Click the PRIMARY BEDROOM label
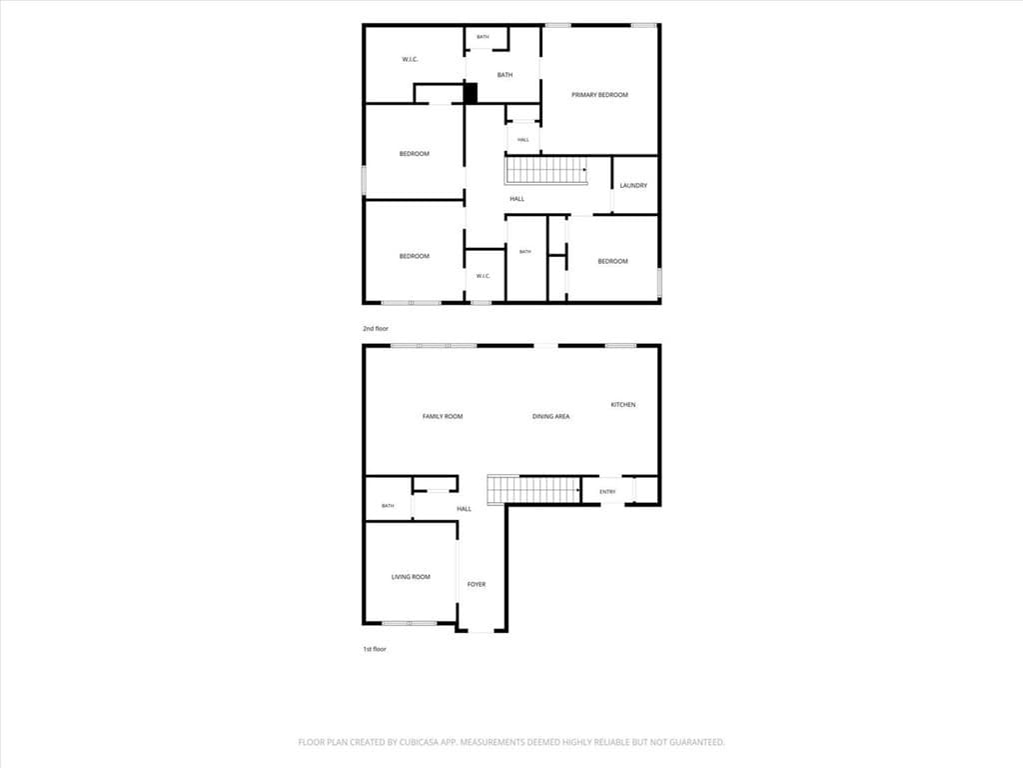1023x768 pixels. click(x=599, y=95)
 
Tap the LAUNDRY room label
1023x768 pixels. click(x=633, y=185)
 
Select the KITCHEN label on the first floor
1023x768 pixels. click(x=623, y=404)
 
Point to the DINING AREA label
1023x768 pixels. click(x=550, y=416)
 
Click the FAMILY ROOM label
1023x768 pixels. click(x=443, y=416)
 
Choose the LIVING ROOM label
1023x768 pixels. click(x=411, y=577)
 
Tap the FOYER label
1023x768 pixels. click(x=477, y=584)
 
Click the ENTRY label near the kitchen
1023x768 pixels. click(x=607, y=492)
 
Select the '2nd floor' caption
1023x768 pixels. click(x=376, y=328)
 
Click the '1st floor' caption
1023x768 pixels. click(x=375, y=649)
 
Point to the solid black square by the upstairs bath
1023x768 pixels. click(x=471, y=93)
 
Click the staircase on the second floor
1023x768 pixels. click(x=545, y=170)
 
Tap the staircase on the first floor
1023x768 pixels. click(x=534, y=490)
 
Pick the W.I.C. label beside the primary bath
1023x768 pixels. click(x=410, y=59)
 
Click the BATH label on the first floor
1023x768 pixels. click(x=388, y=506)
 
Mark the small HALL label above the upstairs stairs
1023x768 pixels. click(x=523, y=140)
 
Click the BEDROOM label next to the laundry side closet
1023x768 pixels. click(x=612, y=261)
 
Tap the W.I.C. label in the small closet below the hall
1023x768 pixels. click(x=483, y=276)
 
